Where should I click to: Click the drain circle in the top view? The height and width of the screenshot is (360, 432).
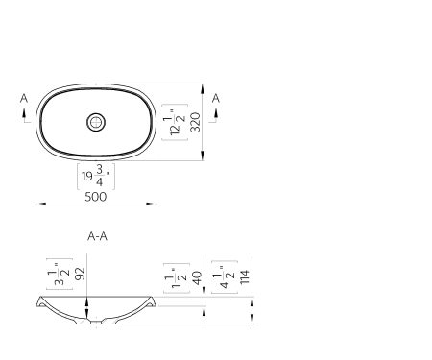click(95, 122)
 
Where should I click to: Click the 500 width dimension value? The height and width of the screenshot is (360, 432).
click(95, 196)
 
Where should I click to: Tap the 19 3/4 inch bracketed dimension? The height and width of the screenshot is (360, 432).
click(95, 177)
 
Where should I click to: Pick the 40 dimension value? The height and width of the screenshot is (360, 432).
click(197, 276)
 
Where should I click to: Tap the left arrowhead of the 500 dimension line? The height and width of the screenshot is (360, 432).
click(39, 204)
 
